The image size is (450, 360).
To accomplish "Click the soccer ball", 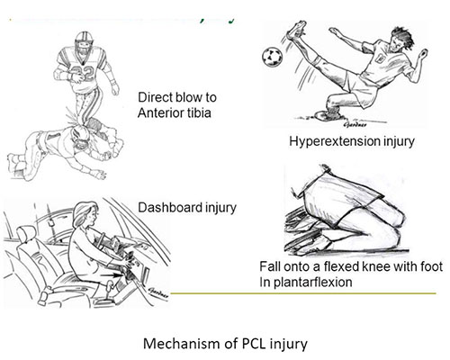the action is pyautogui.click(x=272, y=56).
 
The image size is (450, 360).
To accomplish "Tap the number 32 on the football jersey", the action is pyautogui.click(x=84, y=73).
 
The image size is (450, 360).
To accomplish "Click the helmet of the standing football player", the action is pyautogui.click(x=84, y=41).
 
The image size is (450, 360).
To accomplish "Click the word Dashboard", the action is pyautogui.click(x=166, y=208).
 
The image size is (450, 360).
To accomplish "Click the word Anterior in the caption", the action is pyautogui.click(x=158, y=113).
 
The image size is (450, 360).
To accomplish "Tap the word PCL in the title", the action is pyautogui.click(x=254, y=343).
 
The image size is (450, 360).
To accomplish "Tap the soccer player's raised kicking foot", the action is pyautogui.click(x=296, y=31).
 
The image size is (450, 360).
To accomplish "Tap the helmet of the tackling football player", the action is pyautogui.click(x=81, y=139).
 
